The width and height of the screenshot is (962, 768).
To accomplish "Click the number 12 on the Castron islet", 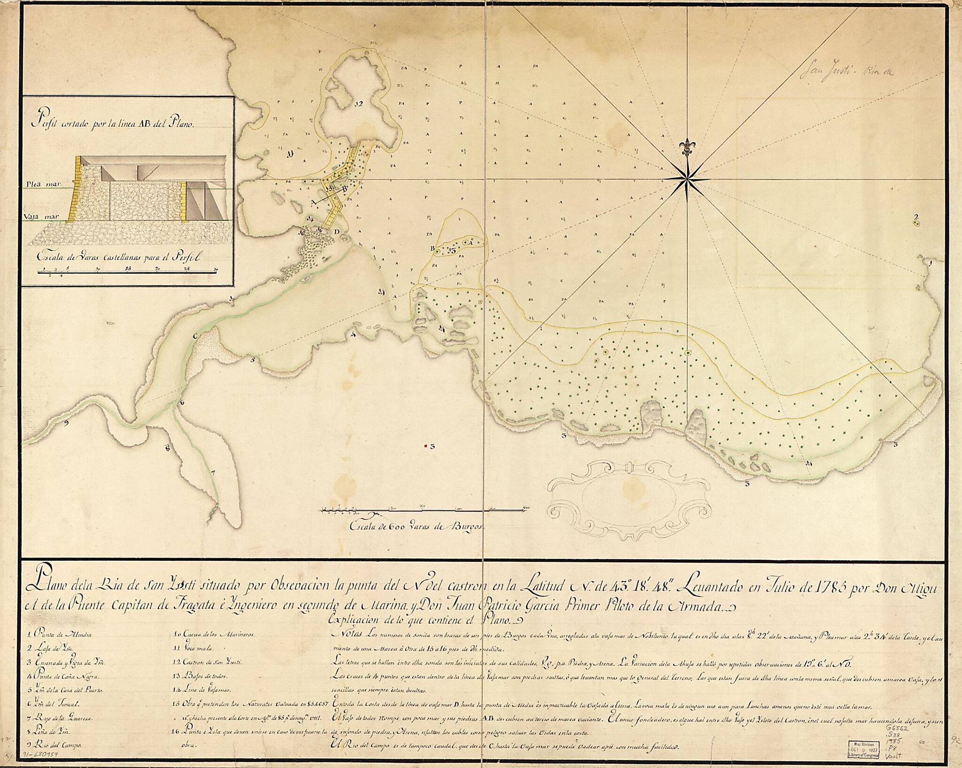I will click(x=359, y=104).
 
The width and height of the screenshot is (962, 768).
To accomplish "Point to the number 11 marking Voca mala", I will click(x=290, y=153).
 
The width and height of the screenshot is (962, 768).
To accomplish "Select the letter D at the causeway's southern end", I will click(x=336, y=232).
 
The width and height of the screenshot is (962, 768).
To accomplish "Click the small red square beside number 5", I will click(x=426, y=446).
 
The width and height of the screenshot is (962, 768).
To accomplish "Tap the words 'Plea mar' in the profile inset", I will click(x=40, y=185).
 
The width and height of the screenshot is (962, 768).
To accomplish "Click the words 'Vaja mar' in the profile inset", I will click(x=39, y=217).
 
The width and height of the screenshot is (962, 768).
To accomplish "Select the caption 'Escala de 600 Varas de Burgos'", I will click(x=416, y=527).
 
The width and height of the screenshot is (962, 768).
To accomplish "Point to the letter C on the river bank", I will click(x=195, y=336).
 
